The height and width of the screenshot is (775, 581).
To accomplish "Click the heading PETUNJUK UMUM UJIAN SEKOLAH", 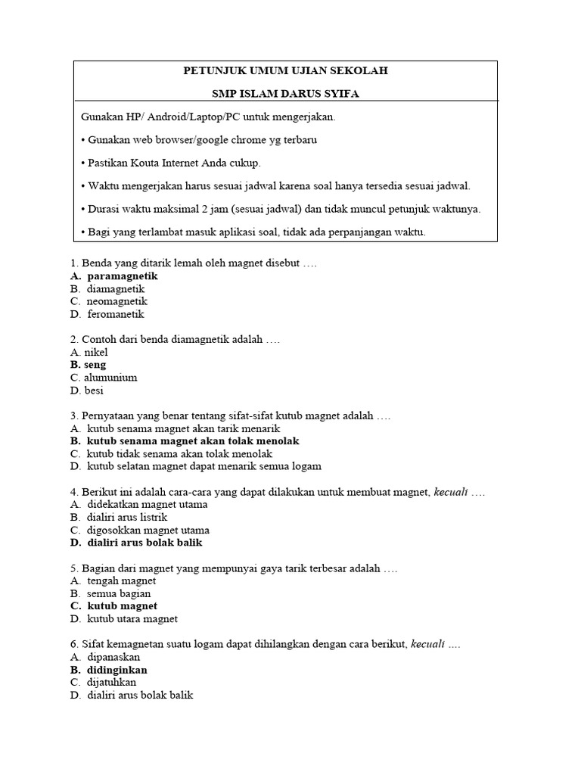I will tap(285, 70).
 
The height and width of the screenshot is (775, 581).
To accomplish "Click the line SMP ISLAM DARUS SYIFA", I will tap(285, 93).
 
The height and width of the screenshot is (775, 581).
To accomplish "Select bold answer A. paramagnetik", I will tap(114, 276).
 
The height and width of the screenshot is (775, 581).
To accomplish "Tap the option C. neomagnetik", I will tap(108, 301).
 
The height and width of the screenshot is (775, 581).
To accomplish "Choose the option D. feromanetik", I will tap(107, 314).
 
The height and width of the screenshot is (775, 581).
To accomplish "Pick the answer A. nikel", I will tap(89, 352).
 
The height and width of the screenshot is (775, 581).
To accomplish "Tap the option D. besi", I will tap(86, 391).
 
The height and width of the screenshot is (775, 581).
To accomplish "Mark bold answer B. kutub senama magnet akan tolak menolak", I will tap(185, 440).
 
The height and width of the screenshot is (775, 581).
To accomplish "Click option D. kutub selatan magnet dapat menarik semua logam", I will tap(196, 466).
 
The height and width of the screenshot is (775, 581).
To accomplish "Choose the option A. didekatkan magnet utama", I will tap(138, 504).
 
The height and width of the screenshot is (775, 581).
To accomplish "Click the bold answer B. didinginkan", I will tap(108, 670).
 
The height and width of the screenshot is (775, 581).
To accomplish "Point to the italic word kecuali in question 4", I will tap(450, 492).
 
